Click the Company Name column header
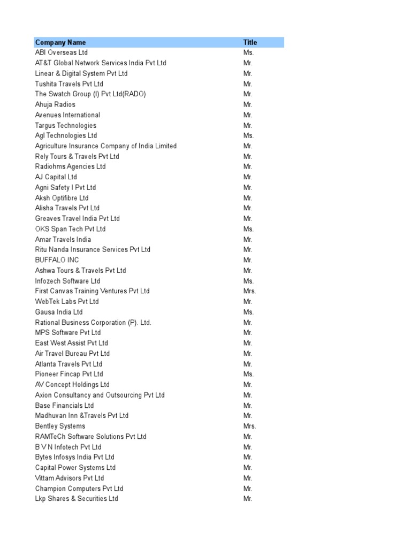coord(60,42)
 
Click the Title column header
coord(250,42)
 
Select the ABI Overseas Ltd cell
coord(62,52)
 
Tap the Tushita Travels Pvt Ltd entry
coord(69,84)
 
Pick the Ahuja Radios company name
coord(55,104)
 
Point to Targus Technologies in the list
coord(66,125)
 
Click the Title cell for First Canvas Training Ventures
coord(250,291)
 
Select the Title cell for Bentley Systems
coord(250,426)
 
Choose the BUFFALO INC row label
coord(57,260)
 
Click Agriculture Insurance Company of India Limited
coord(106,146)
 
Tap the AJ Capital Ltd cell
coord(56,177)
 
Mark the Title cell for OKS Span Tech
coord(248,229)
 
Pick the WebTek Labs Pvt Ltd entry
coord(67,301)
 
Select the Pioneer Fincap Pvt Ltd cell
coord(69,374)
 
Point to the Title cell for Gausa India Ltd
coord(248,312)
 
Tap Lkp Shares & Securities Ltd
coord(77,499)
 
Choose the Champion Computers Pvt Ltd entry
coord(79,489)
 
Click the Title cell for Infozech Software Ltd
coord(248,281)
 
